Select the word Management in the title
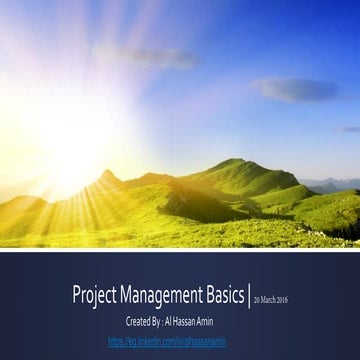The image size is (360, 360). click(x=162, y=296)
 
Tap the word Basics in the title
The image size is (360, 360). click(x=222, y=296)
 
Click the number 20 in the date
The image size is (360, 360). click(x=256, y=299)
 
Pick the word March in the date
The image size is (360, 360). click(x=268, y=299)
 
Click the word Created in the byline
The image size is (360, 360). click(x=140, y=321)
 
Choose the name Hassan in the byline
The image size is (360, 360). click(x=195, y=321)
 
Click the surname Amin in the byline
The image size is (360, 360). click(x=222, y=321)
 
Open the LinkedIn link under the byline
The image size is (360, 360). click(x=180, y=342)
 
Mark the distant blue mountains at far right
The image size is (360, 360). click(x=335, y=185)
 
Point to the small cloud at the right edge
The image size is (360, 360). click(x=350, y=129)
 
